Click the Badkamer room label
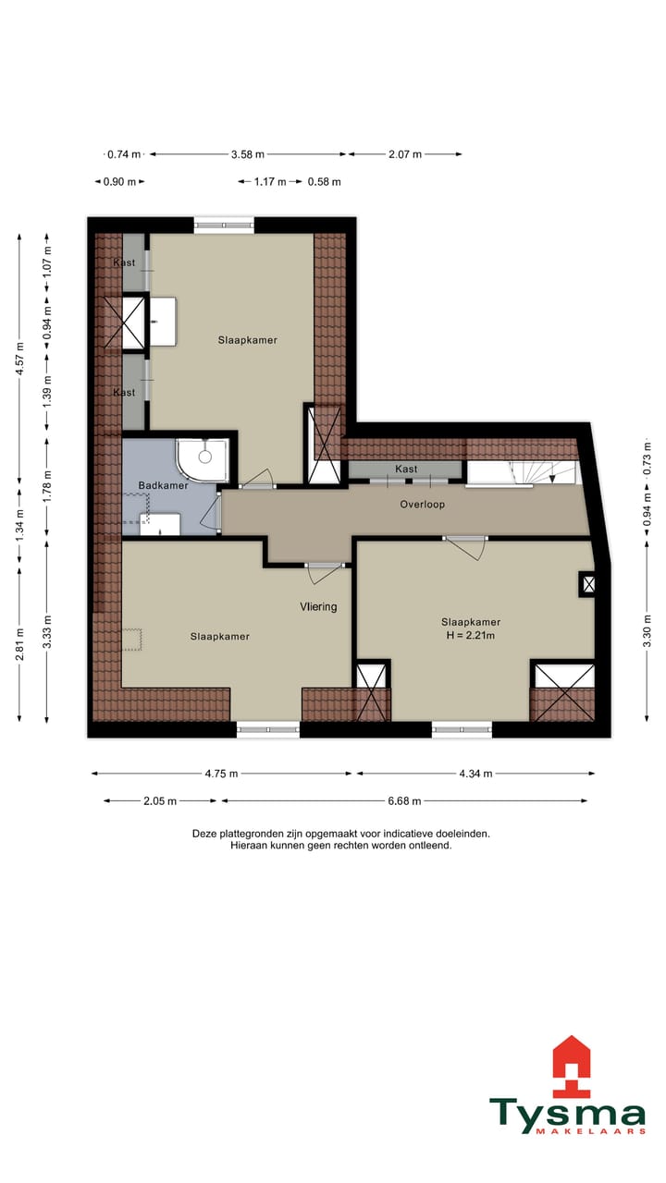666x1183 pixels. [x=163, y=485]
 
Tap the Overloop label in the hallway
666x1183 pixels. [x=423, y=505]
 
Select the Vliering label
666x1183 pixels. [x=318, y=607]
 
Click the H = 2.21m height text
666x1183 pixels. [x=471, y=635]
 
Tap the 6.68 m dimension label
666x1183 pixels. [x=403, y=801]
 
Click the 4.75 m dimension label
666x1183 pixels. [x=220, y=774]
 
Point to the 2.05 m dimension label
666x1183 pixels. [x=160, y=801]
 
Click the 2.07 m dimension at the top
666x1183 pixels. [x=404, y=154]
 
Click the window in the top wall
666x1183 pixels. [x=223, y=224]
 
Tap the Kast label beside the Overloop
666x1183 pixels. [x=406, y=470]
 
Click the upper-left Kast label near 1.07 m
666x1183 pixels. [x=124, y=263]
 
